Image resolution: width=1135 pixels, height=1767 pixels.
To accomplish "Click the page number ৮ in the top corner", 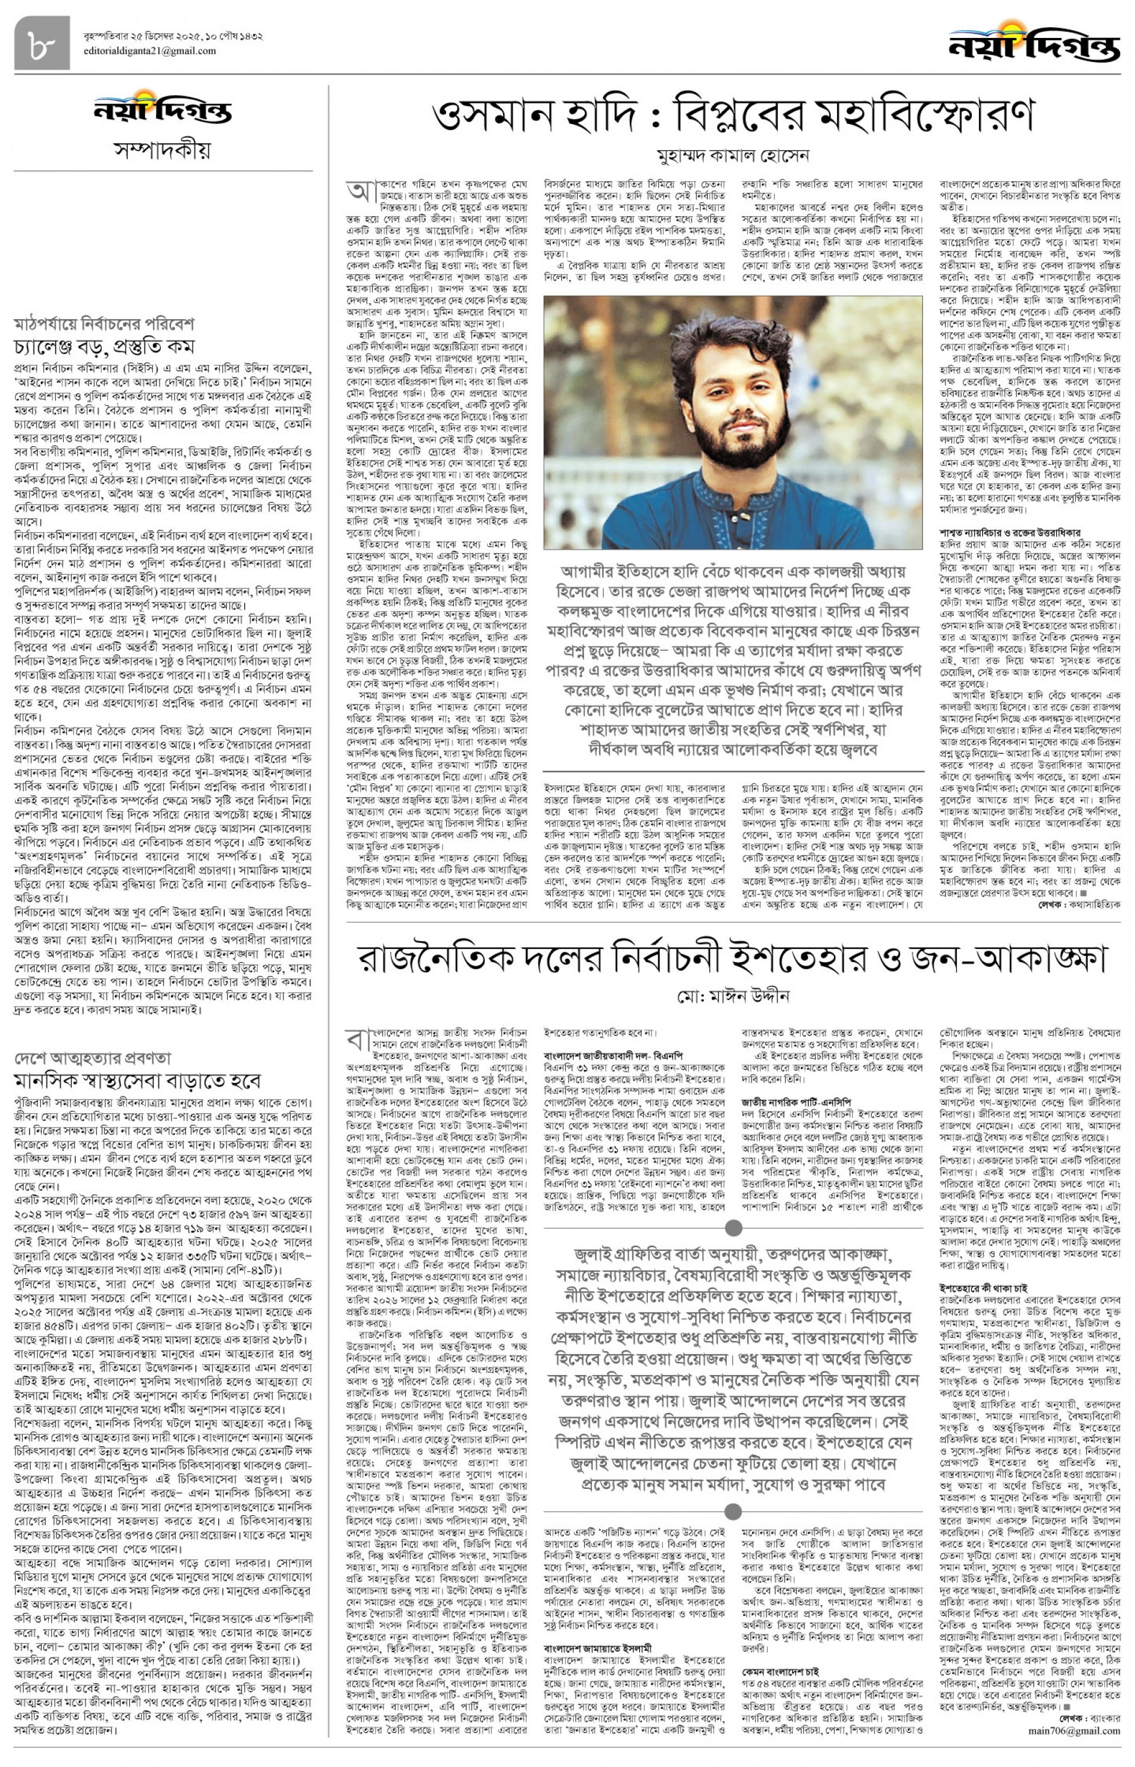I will [x=42, y=43].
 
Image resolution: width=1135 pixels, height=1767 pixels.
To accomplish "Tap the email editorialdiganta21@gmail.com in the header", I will [x=149, y=51].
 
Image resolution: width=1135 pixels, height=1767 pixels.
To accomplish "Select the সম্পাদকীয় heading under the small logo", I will [x=162, y=151].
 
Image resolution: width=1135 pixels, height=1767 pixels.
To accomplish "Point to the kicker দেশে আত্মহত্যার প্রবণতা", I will [x=93, y=1058].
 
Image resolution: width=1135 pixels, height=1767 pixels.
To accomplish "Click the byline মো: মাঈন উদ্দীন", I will [x=733, y=996].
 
